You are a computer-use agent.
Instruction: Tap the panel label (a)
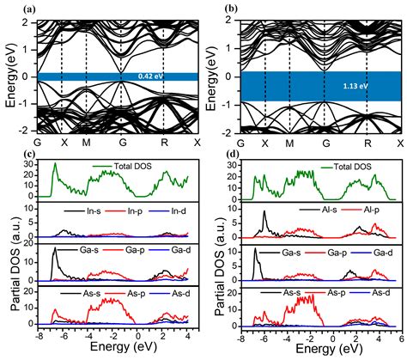click(10, 8)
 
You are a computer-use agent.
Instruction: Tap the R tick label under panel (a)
click(163, 142)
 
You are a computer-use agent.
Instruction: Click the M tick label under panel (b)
click(289, 142)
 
